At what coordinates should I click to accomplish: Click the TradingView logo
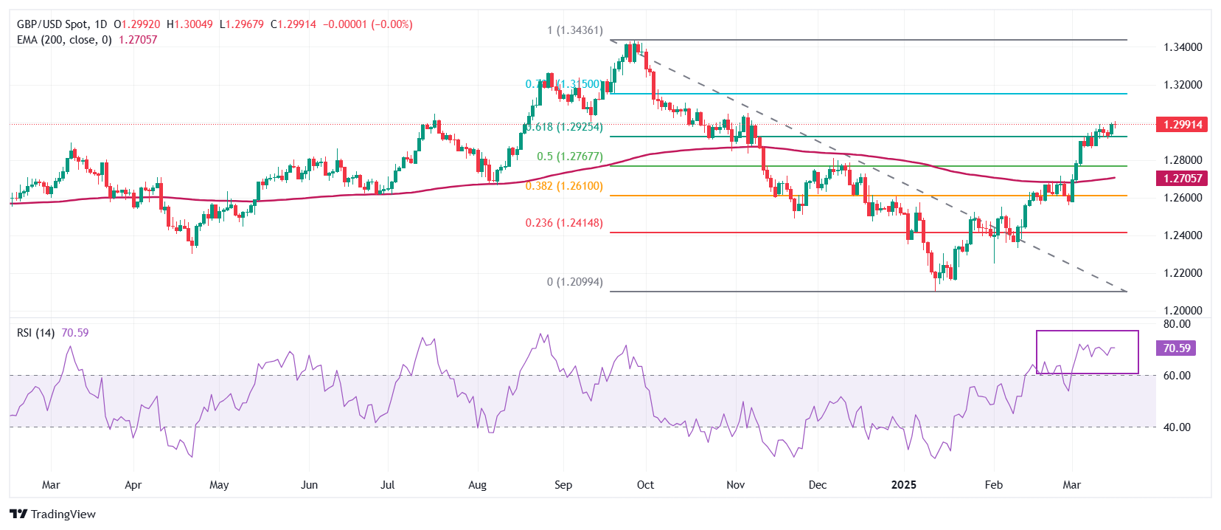coord(53,514)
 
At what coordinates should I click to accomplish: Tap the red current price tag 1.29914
coord(1183,125)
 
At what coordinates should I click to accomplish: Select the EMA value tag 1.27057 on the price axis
coord(1183,179)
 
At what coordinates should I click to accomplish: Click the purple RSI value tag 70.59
coord(1177,348)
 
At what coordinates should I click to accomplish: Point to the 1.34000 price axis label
coord(1183,47)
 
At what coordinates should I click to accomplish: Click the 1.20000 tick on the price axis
coord(1183,311)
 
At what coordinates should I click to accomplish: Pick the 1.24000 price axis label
coord(1183,235)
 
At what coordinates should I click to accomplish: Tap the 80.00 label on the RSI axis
coord(1177,324)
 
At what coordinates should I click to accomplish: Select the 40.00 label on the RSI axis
coord(1177,427)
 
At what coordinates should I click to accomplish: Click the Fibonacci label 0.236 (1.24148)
coord(564,223)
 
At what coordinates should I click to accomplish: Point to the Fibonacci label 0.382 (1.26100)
coord(564,186)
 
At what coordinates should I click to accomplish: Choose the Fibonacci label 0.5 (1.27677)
coord(570,156)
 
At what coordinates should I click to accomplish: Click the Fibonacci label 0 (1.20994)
coord(575,282)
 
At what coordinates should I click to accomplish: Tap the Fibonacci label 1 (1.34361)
coord(575,30)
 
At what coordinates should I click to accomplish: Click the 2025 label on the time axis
coord(903,485)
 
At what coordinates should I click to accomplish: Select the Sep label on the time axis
coord(563,485)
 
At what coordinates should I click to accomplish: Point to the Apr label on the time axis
coord(133,485)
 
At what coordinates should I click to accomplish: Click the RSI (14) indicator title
coord(35,333)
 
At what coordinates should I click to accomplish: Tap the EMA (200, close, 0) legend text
coord(64,40)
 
